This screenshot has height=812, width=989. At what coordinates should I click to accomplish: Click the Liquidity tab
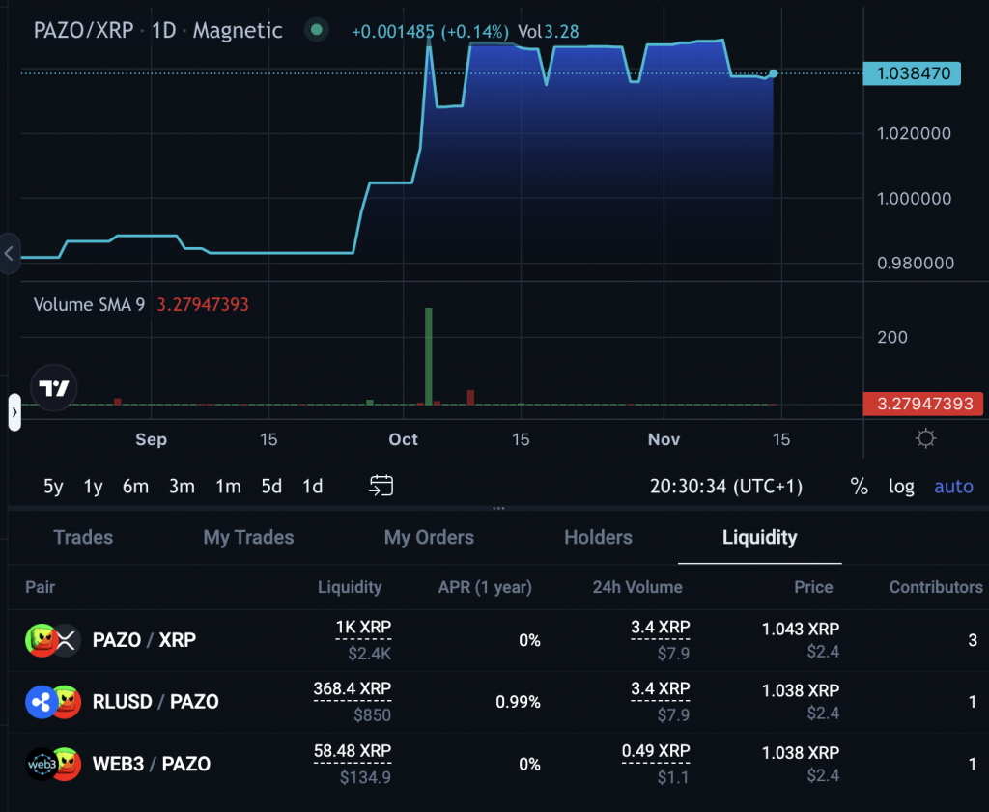pos(759,538)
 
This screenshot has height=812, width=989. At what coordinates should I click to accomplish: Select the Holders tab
pos(598,538)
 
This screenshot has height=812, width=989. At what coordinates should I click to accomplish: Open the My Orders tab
pos(429,538)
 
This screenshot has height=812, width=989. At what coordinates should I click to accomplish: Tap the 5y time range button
pos(53,487)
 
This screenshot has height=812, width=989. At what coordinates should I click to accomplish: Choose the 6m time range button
pos(135,487)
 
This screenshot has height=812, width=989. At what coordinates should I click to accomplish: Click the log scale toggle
pos(901,487)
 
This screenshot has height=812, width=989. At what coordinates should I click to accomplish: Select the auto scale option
pos(953,487)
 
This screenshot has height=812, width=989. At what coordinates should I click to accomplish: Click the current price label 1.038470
pos(912,73)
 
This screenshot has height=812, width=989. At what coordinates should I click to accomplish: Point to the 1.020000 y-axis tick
pos(914,134)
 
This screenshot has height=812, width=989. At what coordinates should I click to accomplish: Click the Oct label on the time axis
pos(403,439)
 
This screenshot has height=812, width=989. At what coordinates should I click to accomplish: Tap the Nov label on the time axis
pos(664,439)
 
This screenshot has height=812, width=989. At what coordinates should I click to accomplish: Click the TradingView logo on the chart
pos(53,389)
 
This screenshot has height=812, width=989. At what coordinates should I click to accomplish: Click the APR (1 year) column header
pos(485,587)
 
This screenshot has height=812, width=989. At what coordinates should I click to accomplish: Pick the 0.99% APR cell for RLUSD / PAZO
pos(518,702)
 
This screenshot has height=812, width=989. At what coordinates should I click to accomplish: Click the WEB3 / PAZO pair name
pos(151,764)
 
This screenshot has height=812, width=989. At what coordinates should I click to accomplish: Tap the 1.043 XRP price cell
pos(801,629)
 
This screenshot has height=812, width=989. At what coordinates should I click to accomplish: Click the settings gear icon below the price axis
pos(925,439)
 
